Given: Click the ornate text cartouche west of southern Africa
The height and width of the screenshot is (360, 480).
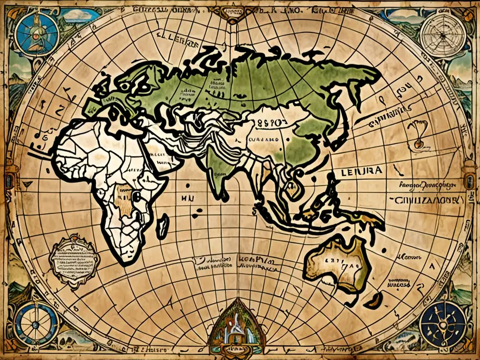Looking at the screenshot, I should pyautogui.click(x=75, y=259).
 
